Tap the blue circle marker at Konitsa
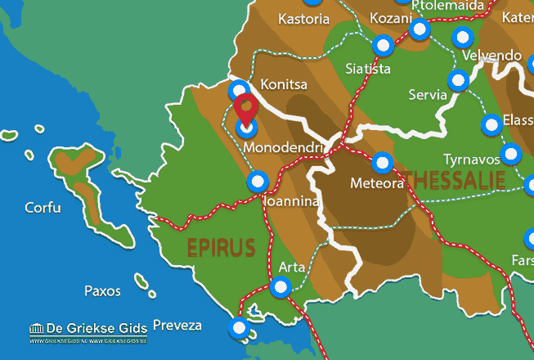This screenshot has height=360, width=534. (240, 90)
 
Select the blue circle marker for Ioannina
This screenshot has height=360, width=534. (258, 181)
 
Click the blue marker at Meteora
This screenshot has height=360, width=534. (383, 163)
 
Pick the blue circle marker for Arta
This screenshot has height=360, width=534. (281, 287)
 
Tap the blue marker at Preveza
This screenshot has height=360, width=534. (239, 329)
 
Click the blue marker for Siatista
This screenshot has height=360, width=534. (383, 46)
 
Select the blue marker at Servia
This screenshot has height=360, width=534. (459, 79)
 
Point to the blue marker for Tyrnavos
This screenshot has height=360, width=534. (511, 153)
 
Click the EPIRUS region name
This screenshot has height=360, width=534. (221, 247)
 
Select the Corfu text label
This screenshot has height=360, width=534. (43, 208)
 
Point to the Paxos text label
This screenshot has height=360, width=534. (102, 290)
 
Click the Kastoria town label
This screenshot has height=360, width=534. (305, 18)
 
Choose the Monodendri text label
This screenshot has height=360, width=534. (285, 148)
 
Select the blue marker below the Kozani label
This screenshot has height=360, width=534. (420, 30)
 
